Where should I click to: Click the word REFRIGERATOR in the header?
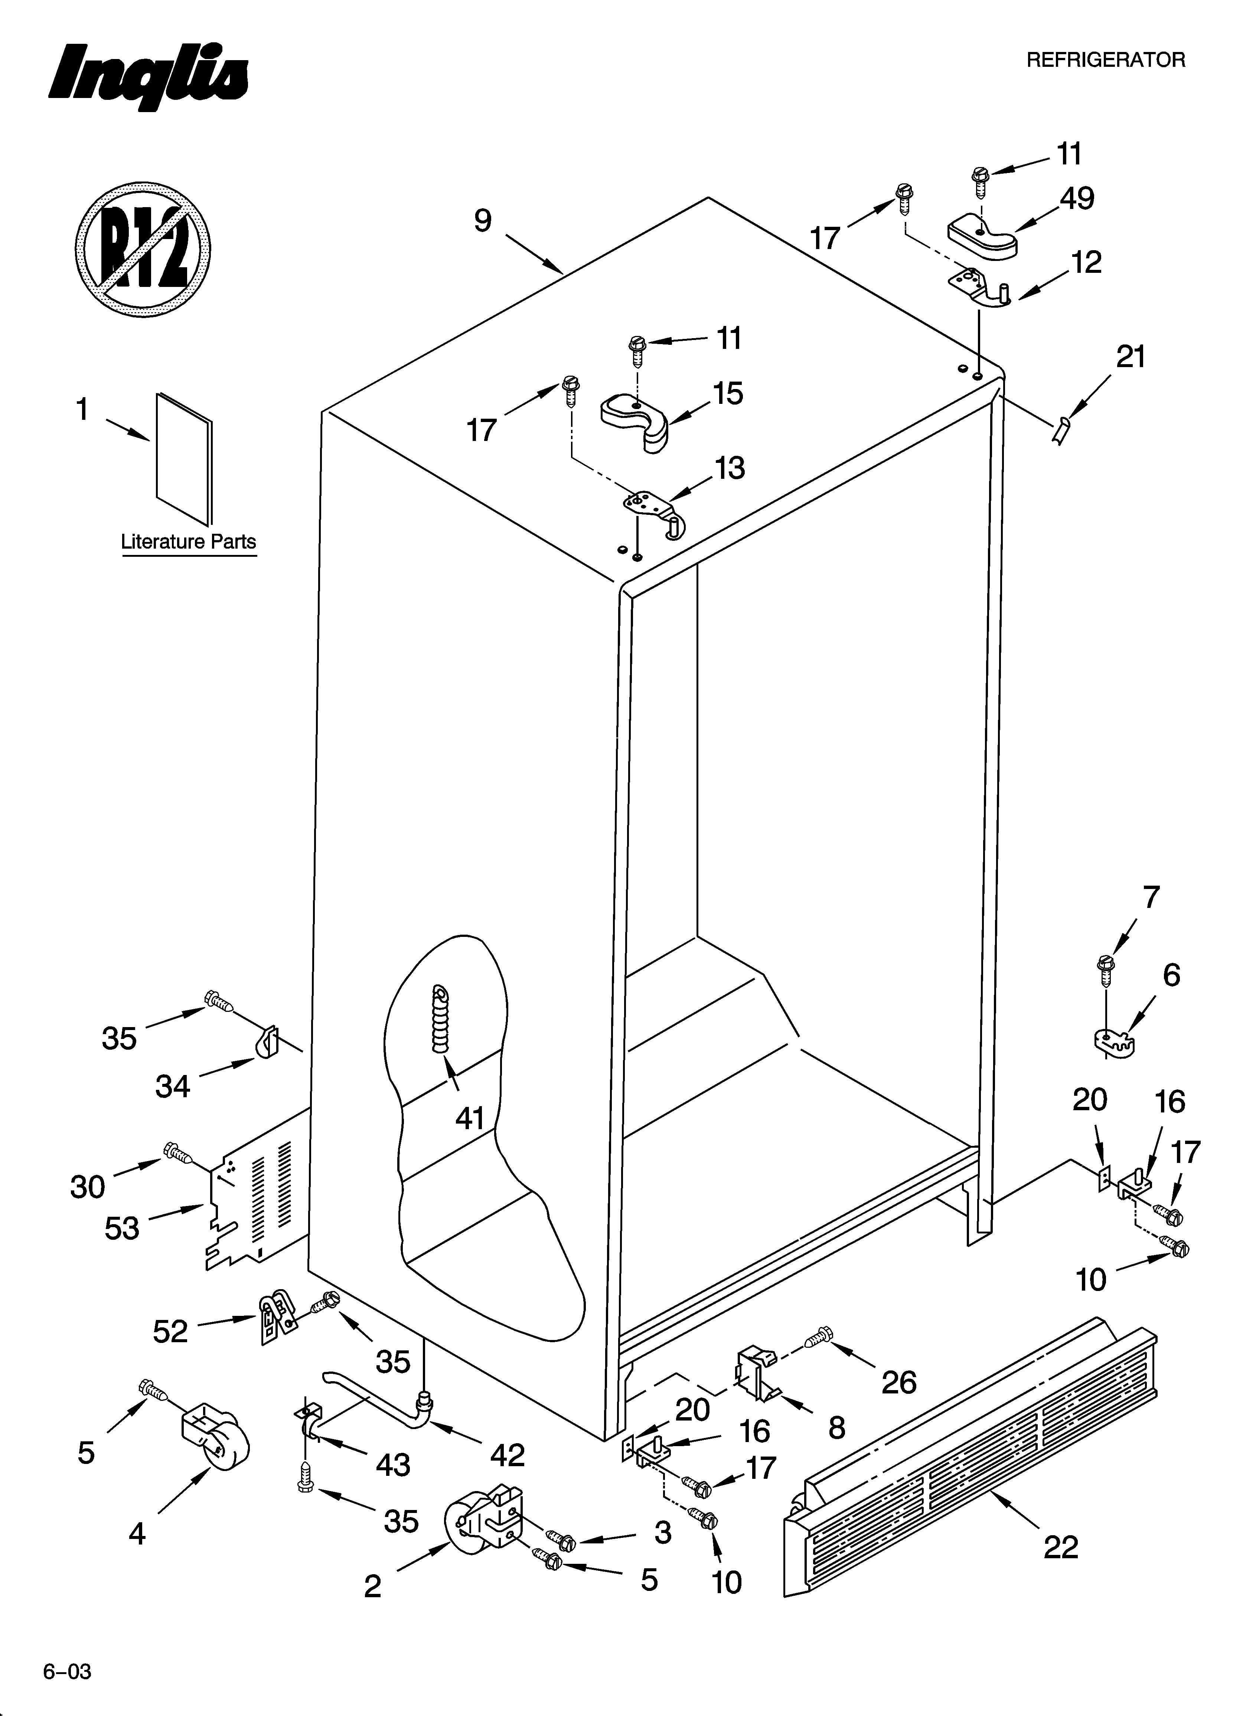click(x=1105, y=61)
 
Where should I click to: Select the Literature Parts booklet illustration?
click(x=184, y=458)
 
